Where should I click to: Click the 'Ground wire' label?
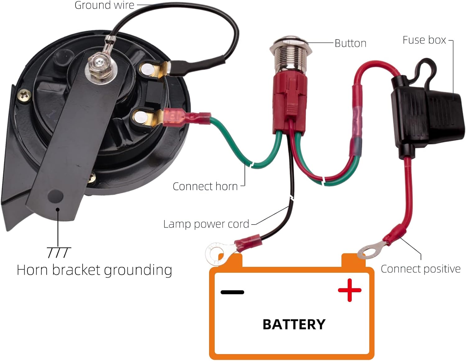pyautogui.click(x=104, y=5)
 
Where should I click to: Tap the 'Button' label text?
pyautogui.click(x=350, y=43)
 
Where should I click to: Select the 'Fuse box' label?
pyautogui.click(x=424, y=40)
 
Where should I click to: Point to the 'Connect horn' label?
pyautogui.click(x=205, y=187)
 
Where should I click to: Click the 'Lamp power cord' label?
pyautogui.click(x=206, y=224)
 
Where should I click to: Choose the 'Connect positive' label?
pyautogui.click(x=420, y=269)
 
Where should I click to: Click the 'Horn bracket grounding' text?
pyautogui.click(x=94, y=270)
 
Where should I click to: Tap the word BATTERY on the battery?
pyautogui.click(x=294, y=325)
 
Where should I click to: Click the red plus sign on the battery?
pyautogui.click(x=349, y=290)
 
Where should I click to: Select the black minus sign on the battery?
pyautogui.click(x=232, y=292)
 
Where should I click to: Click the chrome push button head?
pyautogui.click(x=288, y=44)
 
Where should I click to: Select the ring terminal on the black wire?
pyautogui.click(x=217, y=253)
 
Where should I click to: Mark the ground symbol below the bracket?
pyautogui.click(x=58, y=252)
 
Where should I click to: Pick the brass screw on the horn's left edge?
pyautogui.click(x=24, y=95)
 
